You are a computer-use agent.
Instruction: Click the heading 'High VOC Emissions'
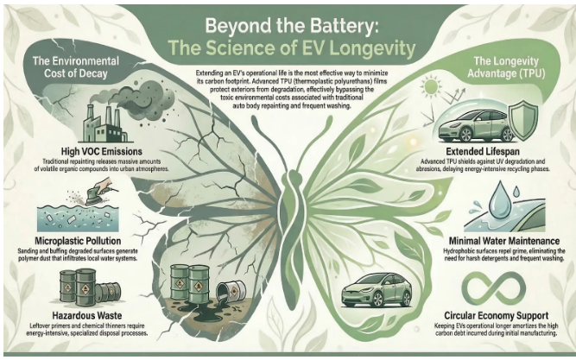click(x=102, y=151)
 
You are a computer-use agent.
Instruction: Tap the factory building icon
click(x=104, y=123)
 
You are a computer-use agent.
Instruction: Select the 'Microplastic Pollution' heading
click(x=78, y=241)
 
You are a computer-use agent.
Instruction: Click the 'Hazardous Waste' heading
click(x=87, y=316)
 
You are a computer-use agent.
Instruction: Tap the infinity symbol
click(x=494, y=288)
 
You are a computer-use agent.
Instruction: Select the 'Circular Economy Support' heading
click(x=497, y=316)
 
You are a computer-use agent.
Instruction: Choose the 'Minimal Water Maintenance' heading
click(x=504, y=241)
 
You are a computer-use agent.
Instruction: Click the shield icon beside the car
click(x=525, y=121)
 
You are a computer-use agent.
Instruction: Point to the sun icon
click(x=431, y=86)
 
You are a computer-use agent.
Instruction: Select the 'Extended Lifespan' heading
click(x=483, y=151)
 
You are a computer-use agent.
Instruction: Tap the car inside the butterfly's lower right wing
click(x=377, y=289)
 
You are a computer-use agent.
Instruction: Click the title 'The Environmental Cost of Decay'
click(x=76, y=66)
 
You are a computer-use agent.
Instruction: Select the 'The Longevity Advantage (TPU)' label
click(x=506, y=66)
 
